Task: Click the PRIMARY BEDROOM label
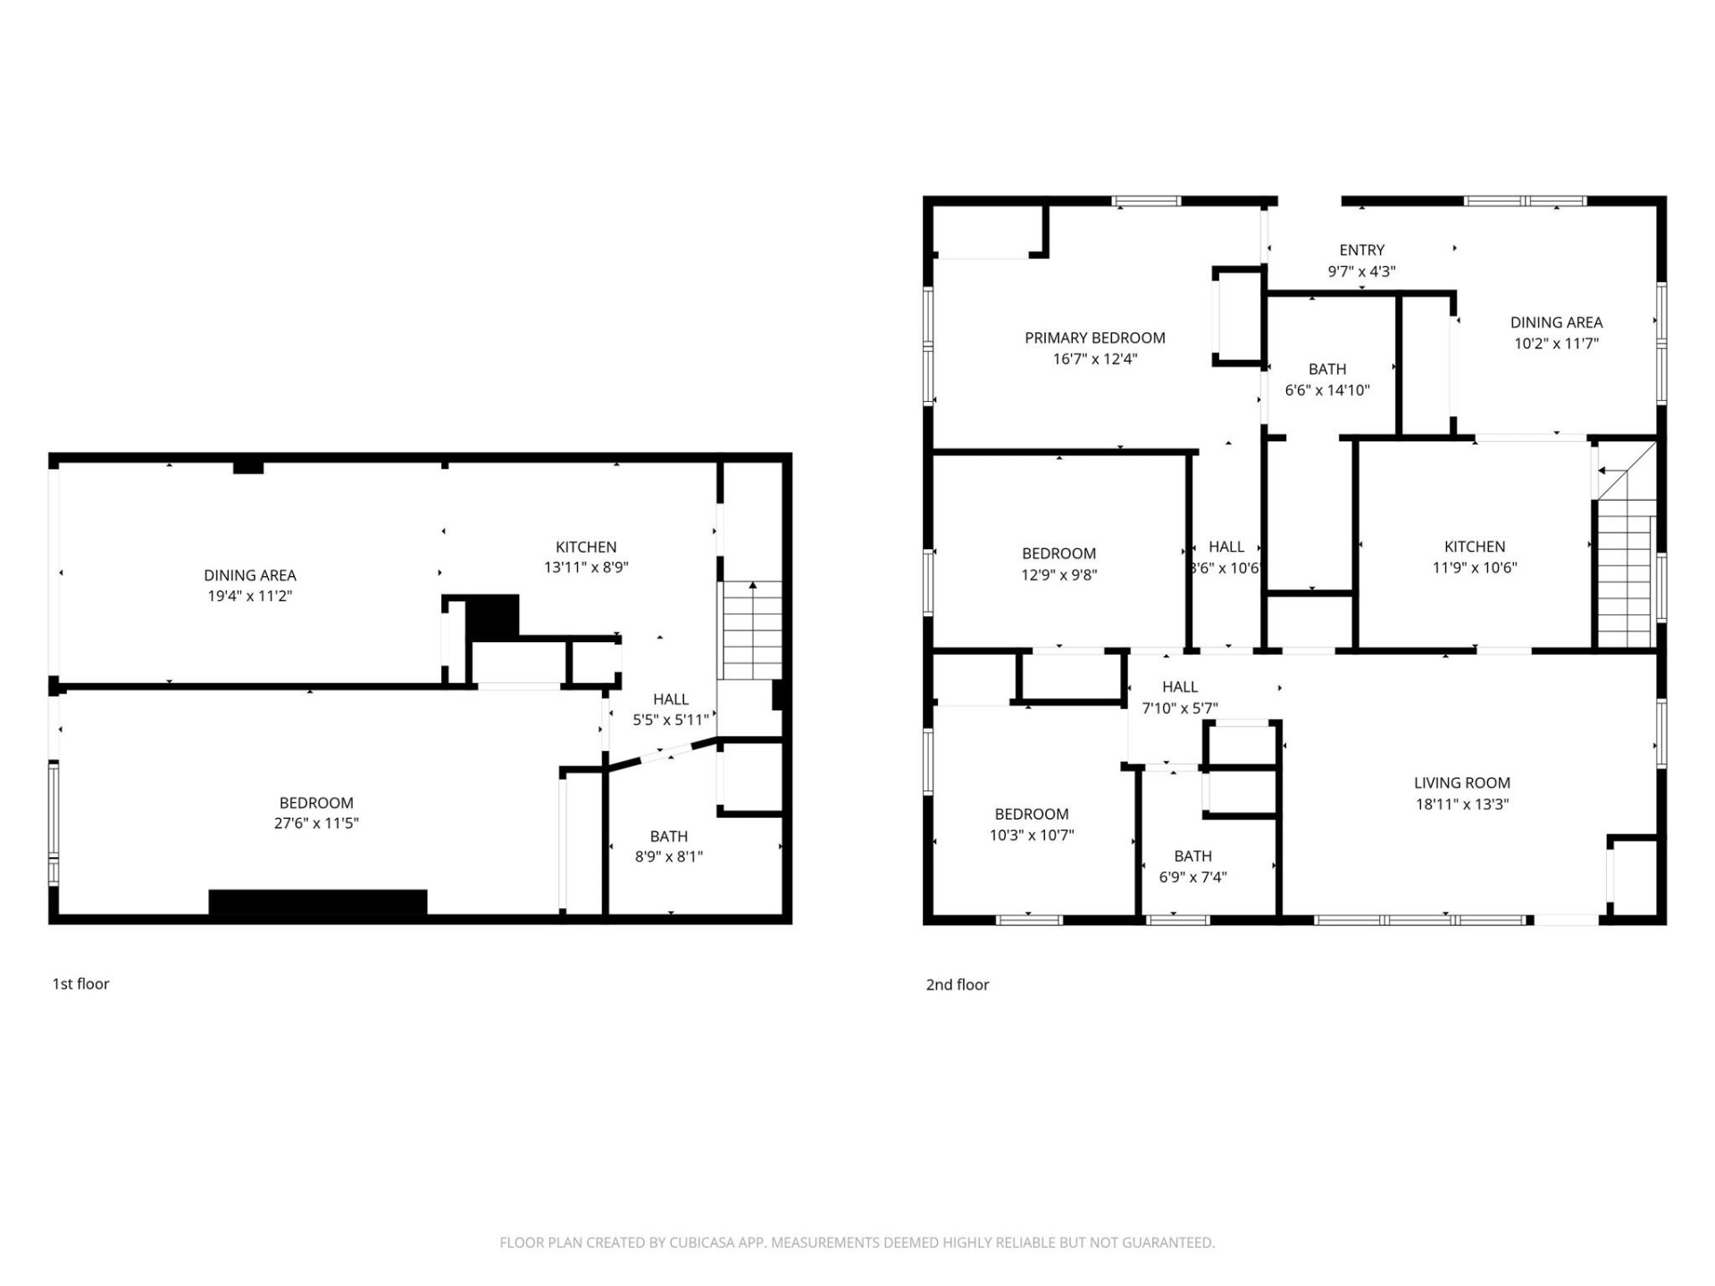tap(1094, 338)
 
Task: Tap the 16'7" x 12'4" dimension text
tap(1094, 359)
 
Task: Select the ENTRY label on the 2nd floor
tap(1361, 250)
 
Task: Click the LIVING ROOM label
tap(1461, 782)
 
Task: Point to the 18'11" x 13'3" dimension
tap(1461, 804)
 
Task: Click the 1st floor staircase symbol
tap(752, 630)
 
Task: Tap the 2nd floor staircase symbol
tap(1625, 572)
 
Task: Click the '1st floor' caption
tap(80, 983)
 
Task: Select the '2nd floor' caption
tap(957, 984)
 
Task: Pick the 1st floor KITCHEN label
tap(586, 547)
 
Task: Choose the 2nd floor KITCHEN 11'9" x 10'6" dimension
tap(1475, 567)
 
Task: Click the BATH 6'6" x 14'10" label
tap(1326, 369)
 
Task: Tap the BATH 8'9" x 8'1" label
tap(668, 836)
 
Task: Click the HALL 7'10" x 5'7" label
tap(1179, 687)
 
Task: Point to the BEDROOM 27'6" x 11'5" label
tap(316, 803)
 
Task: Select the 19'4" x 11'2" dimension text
tap(250, 596)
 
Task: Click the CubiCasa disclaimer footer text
tap(857, 1242)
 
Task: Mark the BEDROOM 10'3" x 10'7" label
tap(1031, 814)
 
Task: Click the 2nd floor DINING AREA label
tap(1556, 322)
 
